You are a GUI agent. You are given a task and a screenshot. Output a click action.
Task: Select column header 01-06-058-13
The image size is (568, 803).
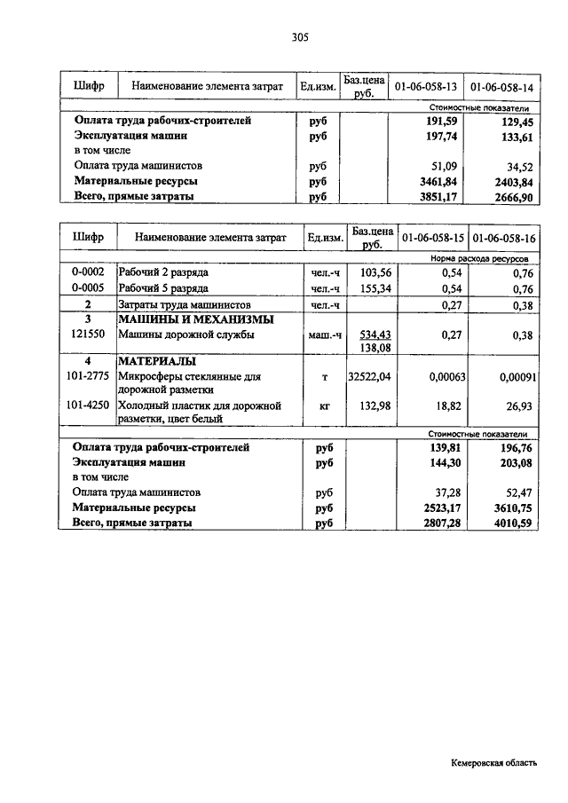(425, 87)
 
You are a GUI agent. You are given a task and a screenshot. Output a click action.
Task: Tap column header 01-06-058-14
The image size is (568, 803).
(501, 87)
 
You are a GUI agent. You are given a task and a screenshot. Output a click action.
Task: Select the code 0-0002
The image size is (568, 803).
(88, 272)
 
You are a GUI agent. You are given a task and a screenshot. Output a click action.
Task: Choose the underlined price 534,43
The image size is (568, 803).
(374, 334)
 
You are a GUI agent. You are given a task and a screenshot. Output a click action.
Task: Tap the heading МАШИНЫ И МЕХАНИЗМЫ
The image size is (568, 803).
(196, 319)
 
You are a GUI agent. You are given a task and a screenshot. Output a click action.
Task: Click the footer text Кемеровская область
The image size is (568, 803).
(493, 762)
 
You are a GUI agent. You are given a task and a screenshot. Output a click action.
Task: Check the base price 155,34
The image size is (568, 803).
(374, 288)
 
